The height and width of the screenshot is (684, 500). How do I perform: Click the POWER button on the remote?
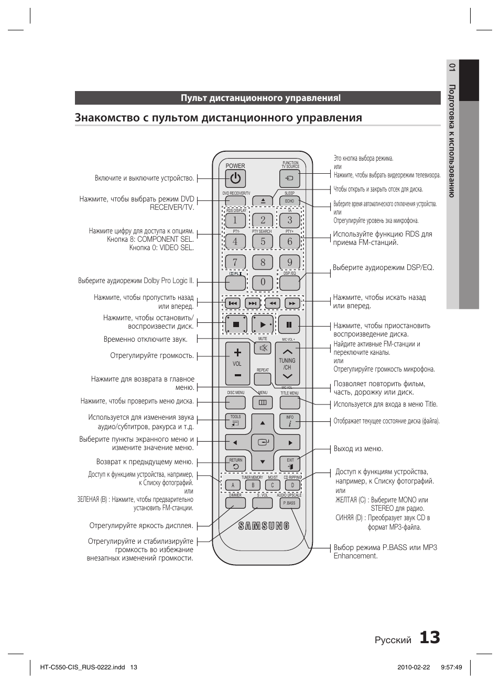(235, 178)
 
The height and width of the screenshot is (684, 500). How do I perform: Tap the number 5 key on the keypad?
(263, 241)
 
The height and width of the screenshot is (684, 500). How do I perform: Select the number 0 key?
(263, 282)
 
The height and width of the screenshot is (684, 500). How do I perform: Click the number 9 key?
(289, 262)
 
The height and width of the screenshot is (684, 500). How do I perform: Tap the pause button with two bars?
(289, 324)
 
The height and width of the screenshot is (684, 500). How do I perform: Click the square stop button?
(236, 324)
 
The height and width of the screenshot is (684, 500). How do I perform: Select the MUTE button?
(263, 347)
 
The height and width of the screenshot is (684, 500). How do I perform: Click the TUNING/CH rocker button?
(287, 364)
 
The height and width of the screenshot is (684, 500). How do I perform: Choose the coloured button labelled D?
(292, 485)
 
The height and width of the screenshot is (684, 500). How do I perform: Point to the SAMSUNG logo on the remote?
(264, 526)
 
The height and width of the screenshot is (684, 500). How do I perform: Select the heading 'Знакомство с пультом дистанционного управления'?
(218, 118)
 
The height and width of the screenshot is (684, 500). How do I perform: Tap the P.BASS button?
(289, 503)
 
